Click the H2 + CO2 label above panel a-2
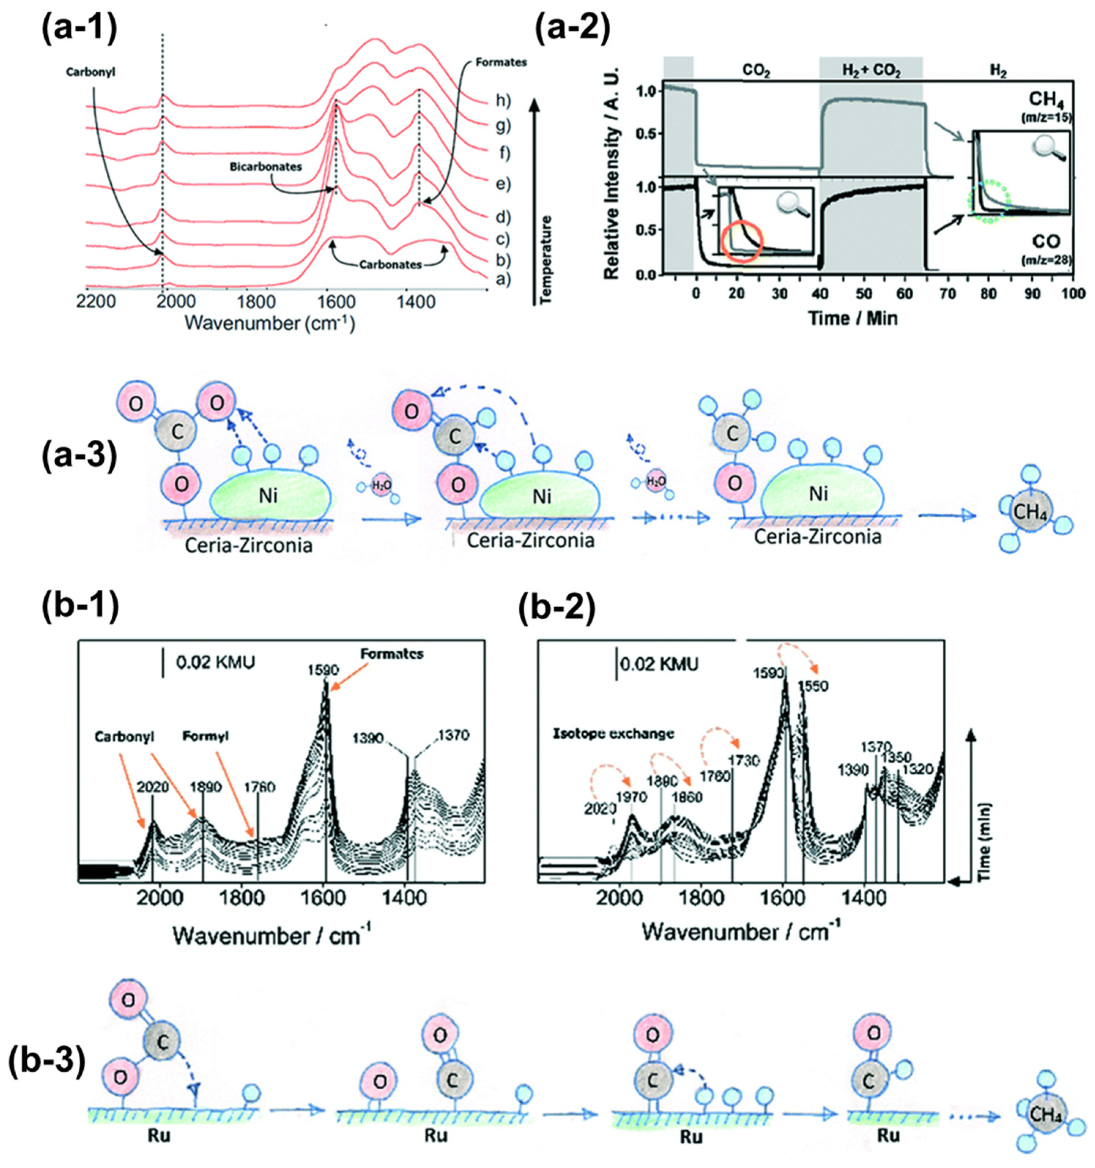[x=871, y=72]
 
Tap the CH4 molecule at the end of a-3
[x=1030, y=512]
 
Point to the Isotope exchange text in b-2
[x=614, y=733]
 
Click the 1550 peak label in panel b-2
[x=813, y=686]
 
